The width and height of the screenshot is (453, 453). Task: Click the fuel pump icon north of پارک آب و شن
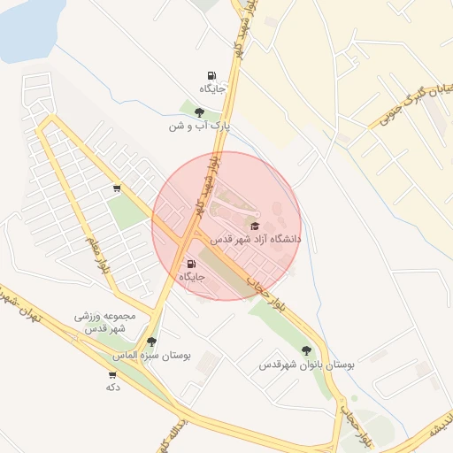pos(211,75)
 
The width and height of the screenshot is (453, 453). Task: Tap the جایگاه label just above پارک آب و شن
pos(212,88)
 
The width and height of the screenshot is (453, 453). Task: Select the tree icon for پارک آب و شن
pos(199,112)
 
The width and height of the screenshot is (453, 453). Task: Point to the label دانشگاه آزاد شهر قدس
pos(256,239)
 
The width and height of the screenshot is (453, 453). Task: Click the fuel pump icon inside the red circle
pos(192,264)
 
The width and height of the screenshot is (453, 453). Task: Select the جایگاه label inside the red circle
pos(192,277)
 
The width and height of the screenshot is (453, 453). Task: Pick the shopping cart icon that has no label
pos(117,188)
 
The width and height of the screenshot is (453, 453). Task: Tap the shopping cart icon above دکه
pos(112,374)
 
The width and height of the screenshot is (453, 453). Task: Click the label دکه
pos(112,387)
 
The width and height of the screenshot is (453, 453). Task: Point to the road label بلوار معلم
pos(97,254)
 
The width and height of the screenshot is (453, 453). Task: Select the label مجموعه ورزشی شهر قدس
pos(105,322)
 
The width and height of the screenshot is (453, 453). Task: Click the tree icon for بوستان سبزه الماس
pos(151,342)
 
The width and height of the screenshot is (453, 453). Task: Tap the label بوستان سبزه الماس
pos(151,355)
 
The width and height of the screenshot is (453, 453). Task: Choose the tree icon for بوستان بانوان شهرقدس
pos(307,350)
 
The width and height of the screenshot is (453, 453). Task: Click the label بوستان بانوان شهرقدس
pos(307,364)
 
